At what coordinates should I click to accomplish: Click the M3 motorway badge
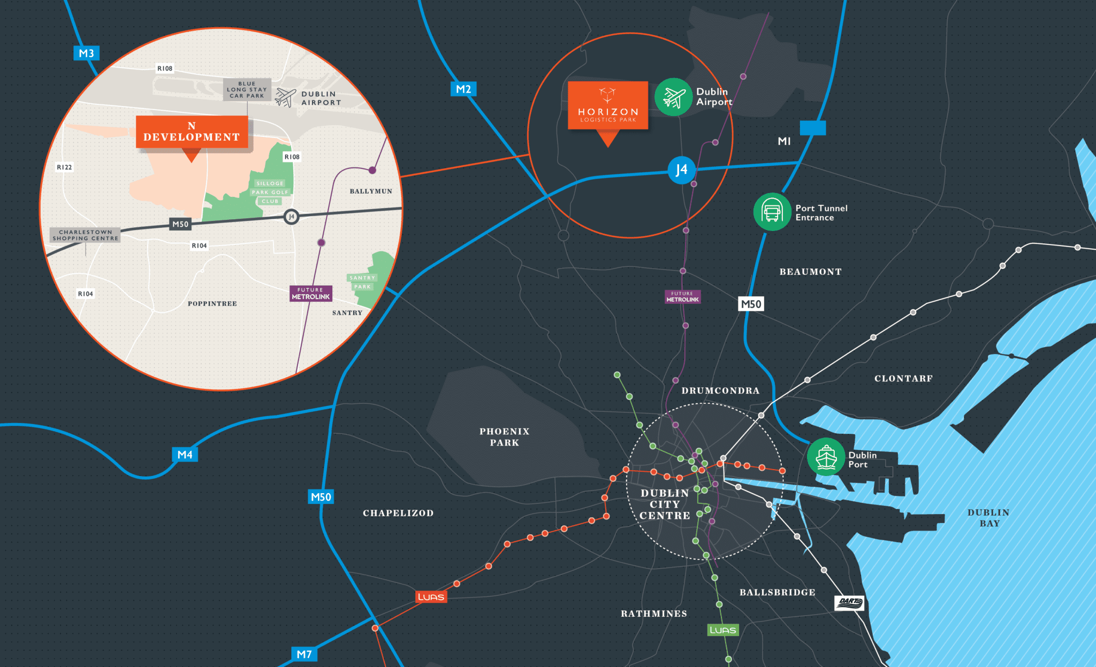[86, 53]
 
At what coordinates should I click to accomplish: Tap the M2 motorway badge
[463, 89]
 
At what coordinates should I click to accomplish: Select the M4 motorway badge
[185, 454]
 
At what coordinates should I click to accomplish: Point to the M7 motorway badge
[304, 654]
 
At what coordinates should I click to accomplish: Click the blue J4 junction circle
[681, 170]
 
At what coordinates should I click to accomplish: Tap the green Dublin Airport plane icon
[674, 97]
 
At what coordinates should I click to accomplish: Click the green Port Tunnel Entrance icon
[772, 212]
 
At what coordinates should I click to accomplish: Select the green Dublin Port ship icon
[826, 457]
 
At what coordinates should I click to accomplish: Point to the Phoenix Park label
[504, 437]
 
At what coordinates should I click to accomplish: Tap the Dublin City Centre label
[665, 504]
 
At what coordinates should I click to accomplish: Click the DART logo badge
[849, 603]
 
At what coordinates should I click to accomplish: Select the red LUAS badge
[431, 597]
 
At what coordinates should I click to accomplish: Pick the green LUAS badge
[723, 630]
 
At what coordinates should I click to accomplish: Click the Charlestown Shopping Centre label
[85, 235]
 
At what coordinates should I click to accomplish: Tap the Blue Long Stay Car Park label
[247, 89]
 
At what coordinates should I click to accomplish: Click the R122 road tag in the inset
[64, 167]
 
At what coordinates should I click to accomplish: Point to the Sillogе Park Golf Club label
[270, 192]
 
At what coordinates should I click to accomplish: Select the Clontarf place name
[903, 379]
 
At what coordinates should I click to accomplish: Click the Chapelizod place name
[398, 513]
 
